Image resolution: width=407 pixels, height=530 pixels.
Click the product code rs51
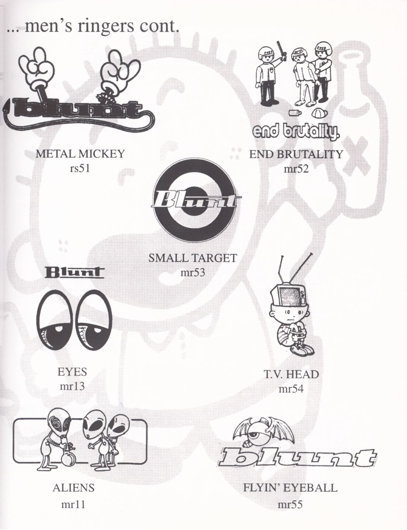pyautogui.click(x=80, y=169)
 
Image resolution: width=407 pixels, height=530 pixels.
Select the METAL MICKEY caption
pyautogui.click(x=80, y=154)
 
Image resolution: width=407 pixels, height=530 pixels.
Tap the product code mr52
pyautogui.click(x=296, y=169)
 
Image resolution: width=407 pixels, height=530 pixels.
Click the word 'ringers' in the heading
pyautogui.click(x=105, y=26)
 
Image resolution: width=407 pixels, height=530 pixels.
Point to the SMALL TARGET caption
pyautogui.click(x=193, y=258)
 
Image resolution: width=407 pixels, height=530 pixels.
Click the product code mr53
pyautogui.click(x=193, y=273)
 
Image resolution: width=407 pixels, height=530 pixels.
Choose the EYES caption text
pyautogui.click(x=72, y=372)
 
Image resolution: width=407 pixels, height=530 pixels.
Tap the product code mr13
pyautogui.click(x=72, y=387)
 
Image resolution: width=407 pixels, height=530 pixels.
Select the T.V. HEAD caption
pyautogui.click(x=291, y=374)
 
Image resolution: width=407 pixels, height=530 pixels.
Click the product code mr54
pyautogui.click(x=291, y=389)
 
